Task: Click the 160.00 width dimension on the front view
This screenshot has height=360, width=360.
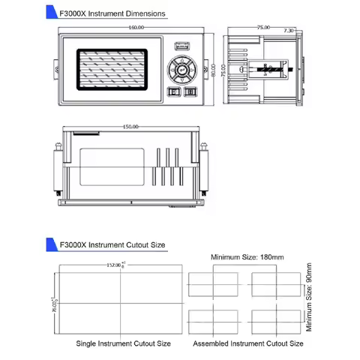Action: pos(136,28)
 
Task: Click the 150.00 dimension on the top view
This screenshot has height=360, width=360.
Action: pos(131,127)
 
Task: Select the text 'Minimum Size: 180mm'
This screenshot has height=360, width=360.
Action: pos(247,258)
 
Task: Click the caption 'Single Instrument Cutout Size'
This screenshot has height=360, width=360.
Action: pos(123,343)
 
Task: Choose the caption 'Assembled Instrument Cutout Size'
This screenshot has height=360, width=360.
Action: pos(248,343)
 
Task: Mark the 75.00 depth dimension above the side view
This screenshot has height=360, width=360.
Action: pos(263,28)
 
